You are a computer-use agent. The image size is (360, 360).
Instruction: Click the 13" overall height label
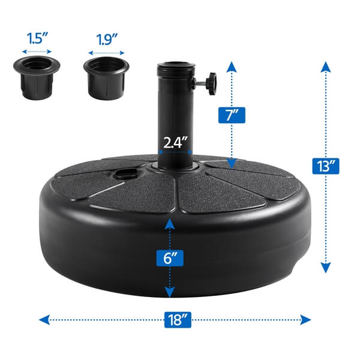pyautogui.click(x=325, y=165)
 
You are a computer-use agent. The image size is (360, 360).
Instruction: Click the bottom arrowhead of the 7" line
pyautogui.click(x=230, y=163)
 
